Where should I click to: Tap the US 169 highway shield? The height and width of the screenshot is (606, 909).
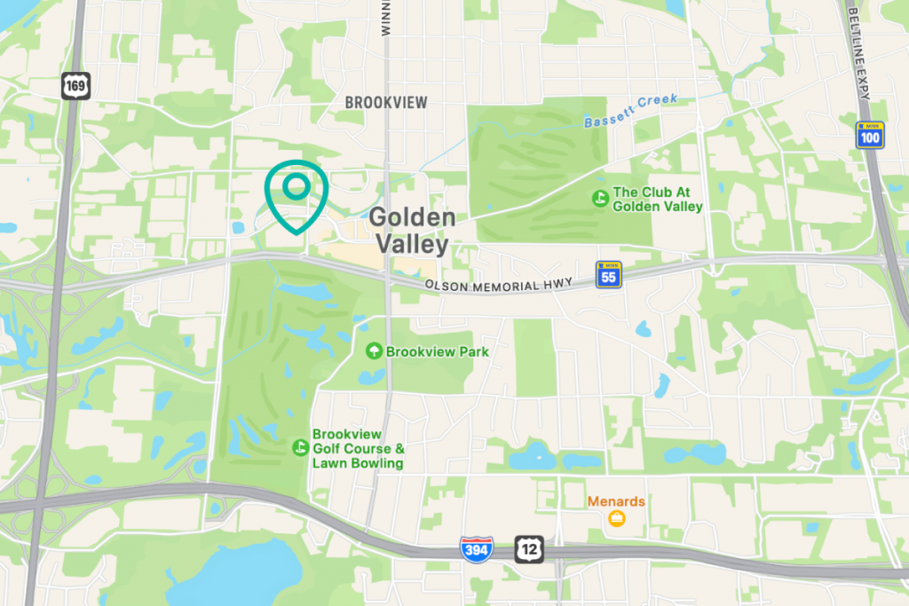74,86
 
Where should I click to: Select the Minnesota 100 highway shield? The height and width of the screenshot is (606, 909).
870,135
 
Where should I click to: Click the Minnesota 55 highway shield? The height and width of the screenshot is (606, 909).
609,273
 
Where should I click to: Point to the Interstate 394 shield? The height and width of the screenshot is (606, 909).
474,549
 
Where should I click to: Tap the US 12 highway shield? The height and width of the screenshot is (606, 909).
528,549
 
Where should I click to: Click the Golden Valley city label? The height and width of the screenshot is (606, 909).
412,230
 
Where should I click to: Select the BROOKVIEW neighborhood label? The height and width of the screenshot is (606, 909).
385,103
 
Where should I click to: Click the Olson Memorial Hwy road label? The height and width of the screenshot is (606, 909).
505,286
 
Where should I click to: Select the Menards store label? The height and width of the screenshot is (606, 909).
616,501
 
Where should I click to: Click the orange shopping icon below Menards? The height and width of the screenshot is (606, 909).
616,518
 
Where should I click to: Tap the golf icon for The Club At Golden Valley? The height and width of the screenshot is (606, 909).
600,199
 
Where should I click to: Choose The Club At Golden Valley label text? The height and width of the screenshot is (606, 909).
658,199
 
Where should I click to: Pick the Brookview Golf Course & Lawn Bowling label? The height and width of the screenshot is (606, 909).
358,448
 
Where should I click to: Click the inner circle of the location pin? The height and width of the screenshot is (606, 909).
296,185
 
